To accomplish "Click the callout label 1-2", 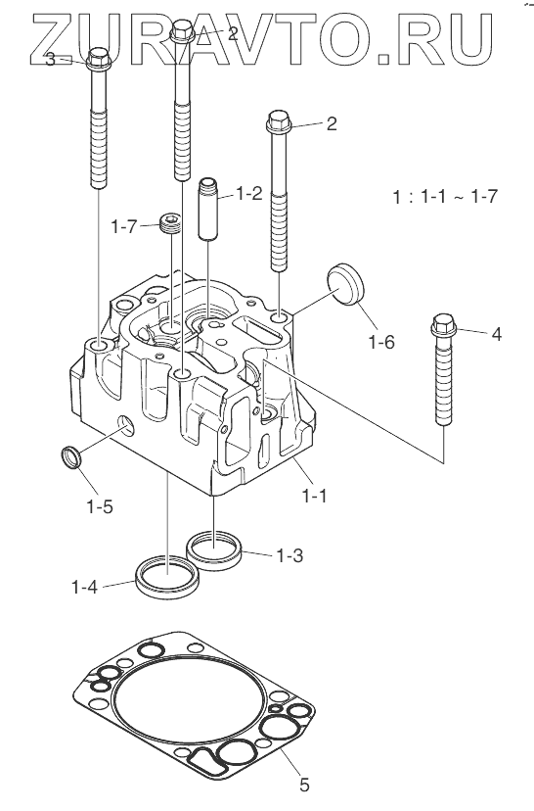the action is click(x=249, y=193).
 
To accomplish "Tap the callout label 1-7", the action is click(x=125, y=226).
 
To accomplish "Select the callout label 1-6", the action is click(x=381, y=342).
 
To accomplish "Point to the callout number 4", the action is click(x=496, y=334).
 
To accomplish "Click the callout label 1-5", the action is click(x=99, y=506).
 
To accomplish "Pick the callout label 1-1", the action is click(x=314, y=496).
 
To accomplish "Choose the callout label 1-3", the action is click(x=289, y=555).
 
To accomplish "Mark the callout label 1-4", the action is click(x=85, y=587).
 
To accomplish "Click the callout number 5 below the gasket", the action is click(x=304, y=785).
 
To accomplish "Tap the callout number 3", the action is click(x=50, y=60).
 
